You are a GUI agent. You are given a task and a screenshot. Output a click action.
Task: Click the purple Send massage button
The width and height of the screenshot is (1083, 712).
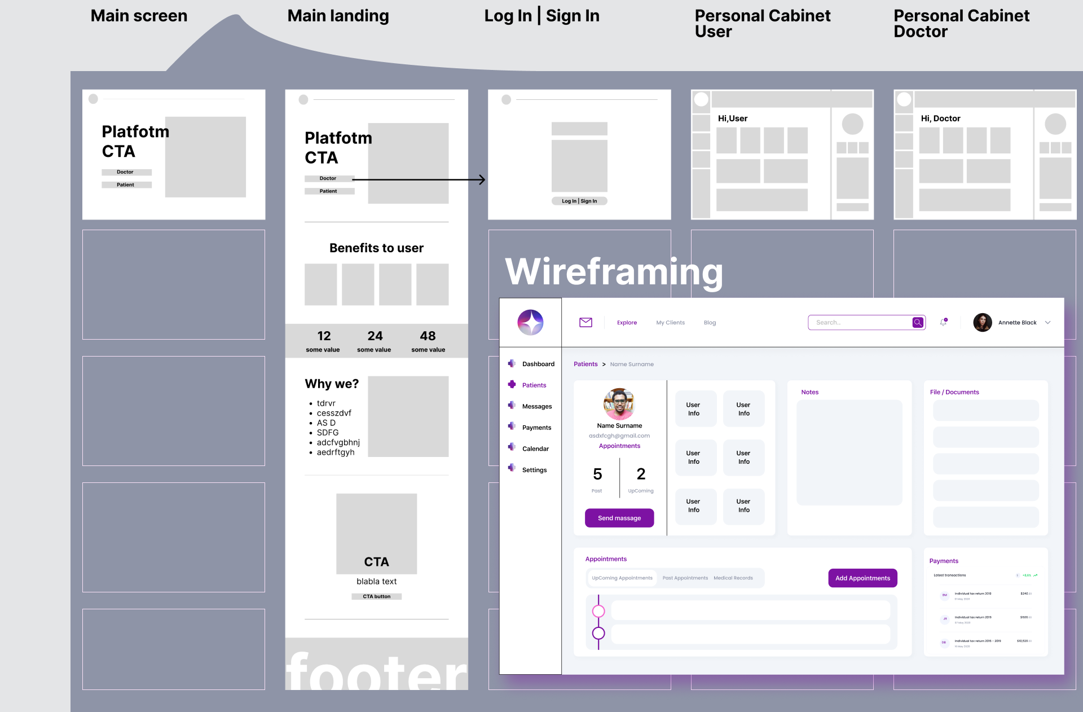[619, 518]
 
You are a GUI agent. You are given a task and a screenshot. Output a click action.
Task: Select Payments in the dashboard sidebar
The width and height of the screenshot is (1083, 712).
[536, 428]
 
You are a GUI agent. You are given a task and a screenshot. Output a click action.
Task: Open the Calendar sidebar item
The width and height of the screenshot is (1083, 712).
[535, 449]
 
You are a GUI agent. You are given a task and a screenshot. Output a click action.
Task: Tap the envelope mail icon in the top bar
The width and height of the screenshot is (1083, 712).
[585, 322]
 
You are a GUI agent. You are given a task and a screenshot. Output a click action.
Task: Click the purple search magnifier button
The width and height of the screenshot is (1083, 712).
[918, 322]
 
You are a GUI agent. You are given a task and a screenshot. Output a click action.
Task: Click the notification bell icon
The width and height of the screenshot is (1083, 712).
[943, 322]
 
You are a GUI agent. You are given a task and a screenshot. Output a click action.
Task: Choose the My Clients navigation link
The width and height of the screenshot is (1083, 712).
[670, 323]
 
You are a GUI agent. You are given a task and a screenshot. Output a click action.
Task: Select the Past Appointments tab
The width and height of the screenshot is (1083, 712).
[685, 578]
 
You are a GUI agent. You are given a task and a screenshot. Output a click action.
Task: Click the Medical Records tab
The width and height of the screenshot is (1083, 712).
[733, 578]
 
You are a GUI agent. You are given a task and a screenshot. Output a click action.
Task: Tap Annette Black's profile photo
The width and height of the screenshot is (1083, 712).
[982, 322]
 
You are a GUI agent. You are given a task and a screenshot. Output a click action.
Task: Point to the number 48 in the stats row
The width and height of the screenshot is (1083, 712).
[428, 336]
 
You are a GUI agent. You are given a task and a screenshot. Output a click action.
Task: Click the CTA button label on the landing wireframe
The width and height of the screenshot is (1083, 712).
[376, 596]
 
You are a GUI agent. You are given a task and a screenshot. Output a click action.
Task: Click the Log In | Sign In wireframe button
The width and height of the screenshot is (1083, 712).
[579, 201]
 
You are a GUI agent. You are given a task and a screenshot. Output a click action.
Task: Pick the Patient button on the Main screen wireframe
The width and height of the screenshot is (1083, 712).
[126, 184]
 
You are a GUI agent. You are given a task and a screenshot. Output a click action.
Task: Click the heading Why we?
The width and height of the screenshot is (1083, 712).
[332, 384]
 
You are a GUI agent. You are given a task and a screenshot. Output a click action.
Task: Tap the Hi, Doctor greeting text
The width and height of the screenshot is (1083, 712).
[940, 118]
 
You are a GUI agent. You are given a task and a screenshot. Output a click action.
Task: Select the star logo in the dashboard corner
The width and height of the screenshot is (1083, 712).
[530, 322]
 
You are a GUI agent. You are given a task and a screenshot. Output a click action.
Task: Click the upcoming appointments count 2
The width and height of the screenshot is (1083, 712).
[641, 474]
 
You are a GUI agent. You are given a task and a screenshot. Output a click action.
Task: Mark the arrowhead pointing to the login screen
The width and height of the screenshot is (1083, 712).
[482, 180]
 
